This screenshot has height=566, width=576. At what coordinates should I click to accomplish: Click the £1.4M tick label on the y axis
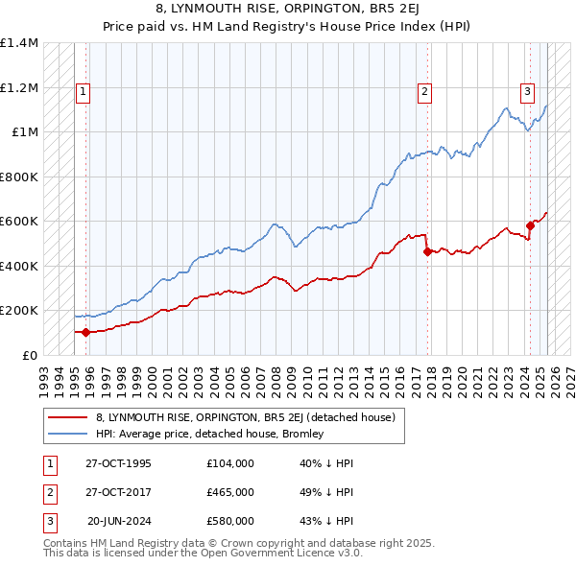coord(19,43)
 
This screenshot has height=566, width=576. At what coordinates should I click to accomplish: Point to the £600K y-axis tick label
coord(19,222)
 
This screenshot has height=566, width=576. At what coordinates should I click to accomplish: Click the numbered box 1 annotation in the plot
coord(84,92)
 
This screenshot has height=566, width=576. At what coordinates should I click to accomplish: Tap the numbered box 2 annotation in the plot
coord(423,92)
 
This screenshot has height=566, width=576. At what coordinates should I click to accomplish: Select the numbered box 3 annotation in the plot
coord(527,92)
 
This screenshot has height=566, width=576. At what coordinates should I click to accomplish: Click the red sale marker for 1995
coord(86,332)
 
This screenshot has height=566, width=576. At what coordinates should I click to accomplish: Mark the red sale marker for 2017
coord(427,251)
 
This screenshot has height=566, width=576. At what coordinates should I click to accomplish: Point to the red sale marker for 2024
coord(530,226)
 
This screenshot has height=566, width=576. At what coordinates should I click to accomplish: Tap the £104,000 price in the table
coord(230,463)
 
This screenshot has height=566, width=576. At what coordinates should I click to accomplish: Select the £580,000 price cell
coord(230,521)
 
